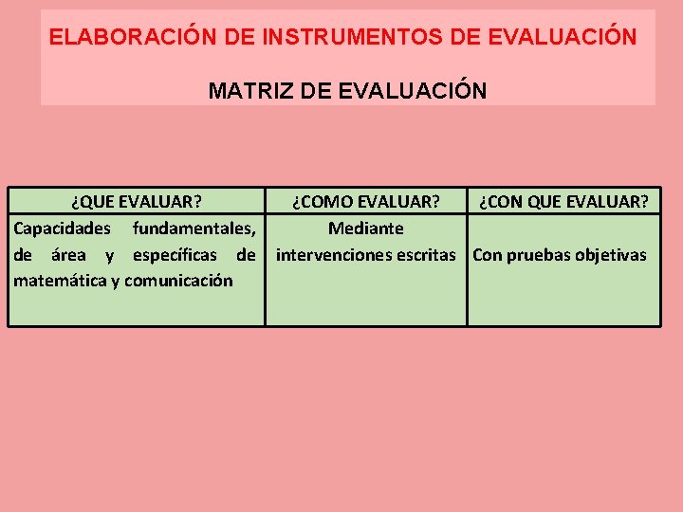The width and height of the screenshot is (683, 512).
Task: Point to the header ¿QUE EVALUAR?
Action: pyautogui.click(x=136, y=202)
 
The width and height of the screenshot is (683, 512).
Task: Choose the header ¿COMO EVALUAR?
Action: pyautogui.click(x=365, y=202)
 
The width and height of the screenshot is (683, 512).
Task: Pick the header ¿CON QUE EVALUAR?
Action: pyautogui.click(x=563, y=202)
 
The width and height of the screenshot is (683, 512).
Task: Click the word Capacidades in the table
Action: pyautogui.click(x=62, y=229)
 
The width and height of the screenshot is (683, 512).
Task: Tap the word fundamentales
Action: pyautogui.click(x=194, y=229)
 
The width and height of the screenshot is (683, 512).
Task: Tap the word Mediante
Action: pyautogui.click(x=365, y=229)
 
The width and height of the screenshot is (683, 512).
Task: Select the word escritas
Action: pyautogui.click(x=425, y=255)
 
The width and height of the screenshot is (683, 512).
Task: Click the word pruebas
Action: pyautogui.click(x=538, y=255)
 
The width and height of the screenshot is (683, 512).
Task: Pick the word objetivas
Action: pyautogui.click(x=611, y=255)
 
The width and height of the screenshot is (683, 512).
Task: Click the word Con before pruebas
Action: pyautogui.click(x=488, y=255)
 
